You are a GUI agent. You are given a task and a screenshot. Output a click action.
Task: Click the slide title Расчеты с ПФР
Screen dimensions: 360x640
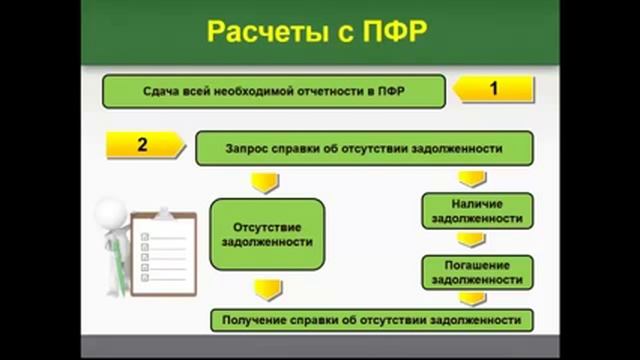tap(317, 32)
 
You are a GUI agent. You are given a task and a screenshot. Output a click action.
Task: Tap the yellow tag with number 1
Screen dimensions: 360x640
tap(490, 90)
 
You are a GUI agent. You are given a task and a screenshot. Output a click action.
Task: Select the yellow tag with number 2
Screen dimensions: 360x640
tap(144, 146)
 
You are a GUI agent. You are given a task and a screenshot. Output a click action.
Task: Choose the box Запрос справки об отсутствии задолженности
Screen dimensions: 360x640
tap(364, 148)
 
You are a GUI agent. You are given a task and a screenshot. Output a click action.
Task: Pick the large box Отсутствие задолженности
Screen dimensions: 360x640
tap(266, 233)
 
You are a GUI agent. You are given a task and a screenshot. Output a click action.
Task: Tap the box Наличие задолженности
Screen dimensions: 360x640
tap(477, 210)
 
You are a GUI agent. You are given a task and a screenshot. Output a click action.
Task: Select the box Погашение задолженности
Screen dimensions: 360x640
tap(477, 272)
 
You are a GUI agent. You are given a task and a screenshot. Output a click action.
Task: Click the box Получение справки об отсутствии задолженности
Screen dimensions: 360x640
tap(371, 320)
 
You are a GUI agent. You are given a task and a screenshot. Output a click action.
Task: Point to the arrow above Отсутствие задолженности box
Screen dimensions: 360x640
tap(264, 182)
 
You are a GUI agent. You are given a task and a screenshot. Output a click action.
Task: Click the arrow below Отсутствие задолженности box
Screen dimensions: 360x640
tap(266, 290)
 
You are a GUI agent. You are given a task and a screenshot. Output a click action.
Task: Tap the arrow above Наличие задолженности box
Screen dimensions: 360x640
tap(472, 179)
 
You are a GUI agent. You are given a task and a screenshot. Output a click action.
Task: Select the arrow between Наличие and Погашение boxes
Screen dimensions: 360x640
tap(472, 240)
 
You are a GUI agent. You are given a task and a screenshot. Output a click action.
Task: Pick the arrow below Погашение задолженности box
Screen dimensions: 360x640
tap(472, 298)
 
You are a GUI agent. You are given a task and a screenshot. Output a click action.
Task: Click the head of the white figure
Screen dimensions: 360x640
tap(112, 212)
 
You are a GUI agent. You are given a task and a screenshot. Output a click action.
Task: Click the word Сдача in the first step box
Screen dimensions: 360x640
tap(159, 92)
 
